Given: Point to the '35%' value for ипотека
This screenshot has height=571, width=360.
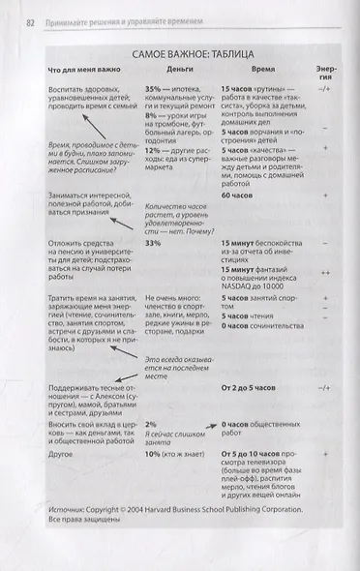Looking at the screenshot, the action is pyautogui.click(x=153, y=87).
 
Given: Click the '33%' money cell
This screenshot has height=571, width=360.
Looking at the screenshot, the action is pyautogui.click(x=153, y=244).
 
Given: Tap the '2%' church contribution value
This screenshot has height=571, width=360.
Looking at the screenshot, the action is pyautogui.click(x=150, y=424).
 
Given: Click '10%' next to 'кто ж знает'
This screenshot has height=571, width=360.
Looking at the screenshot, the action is pyautogui.click(x=153, y=451).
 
